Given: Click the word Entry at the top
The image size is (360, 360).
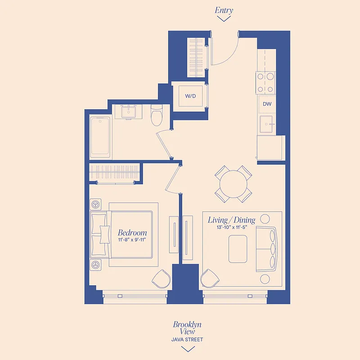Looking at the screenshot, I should (224, 10).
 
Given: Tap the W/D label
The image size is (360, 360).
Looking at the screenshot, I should (190, 96).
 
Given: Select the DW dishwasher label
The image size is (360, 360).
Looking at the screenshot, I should (267, 104).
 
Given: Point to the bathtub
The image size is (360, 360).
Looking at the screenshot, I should (100, 137).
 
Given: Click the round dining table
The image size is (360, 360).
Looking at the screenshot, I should (233, 184).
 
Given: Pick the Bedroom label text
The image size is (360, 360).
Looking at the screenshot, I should (132, 233).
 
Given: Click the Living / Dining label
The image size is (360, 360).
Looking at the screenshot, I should (231, 220).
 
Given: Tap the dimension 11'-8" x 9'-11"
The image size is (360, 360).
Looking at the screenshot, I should (132, 240).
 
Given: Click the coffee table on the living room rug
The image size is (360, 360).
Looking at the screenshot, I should (238, 249).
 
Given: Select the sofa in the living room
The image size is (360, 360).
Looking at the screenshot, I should (267, 249).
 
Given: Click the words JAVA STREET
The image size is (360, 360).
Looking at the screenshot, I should (187, 340).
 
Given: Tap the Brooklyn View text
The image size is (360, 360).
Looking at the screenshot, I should (187, 328).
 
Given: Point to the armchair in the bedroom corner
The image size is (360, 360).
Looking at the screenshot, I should (161, 279).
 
